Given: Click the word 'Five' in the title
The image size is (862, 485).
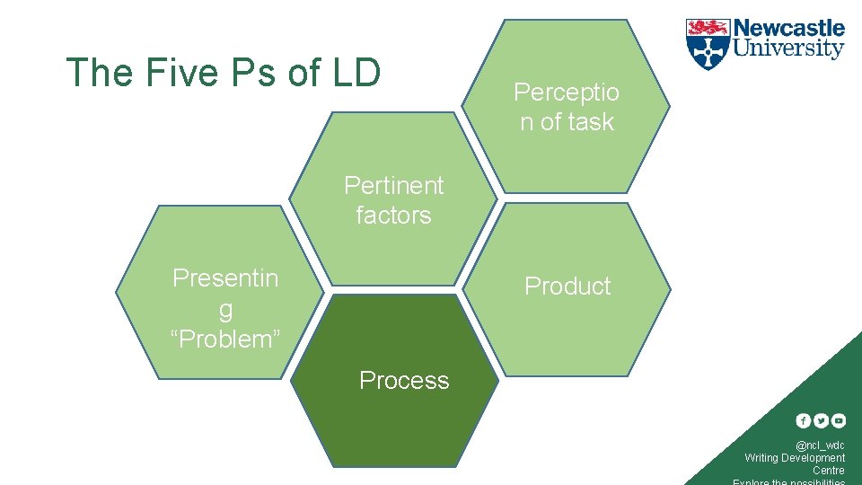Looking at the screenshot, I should tap(175, 73).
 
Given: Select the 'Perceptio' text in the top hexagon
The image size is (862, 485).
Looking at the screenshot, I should tap(567, 92).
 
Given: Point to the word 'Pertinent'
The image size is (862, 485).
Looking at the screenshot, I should tap(394, 185).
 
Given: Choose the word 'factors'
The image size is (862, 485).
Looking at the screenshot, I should tap(393, 216).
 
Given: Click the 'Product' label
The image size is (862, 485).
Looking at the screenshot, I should tap(567, 286).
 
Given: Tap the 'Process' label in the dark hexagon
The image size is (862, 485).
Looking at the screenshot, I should tap(404, 381).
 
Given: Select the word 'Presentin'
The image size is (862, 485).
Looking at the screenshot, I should tap(225, 278).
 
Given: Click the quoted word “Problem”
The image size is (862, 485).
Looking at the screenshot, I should tap(225, 339).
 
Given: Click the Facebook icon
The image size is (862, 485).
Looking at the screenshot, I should tap(804, 420).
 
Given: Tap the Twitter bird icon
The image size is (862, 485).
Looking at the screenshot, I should tap(821, 420).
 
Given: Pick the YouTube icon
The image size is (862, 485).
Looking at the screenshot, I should tap(838, 420).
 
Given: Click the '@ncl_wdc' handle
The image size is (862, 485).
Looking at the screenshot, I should tap(820, 445).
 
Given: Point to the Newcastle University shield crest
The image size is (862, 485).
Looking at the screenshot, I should tap(708, 44).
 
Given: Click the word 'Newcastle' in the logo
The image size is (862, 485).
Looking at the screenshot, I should tap(789, 29).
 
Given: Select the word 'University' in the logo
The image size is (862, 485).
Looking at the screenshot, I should tap(789, 48).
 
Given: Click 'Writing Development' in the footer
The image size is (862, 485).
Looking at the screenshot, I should tap(795, 458).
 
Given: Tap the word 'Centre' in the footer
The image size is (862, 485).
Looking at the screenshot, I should tap(829, 471).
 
